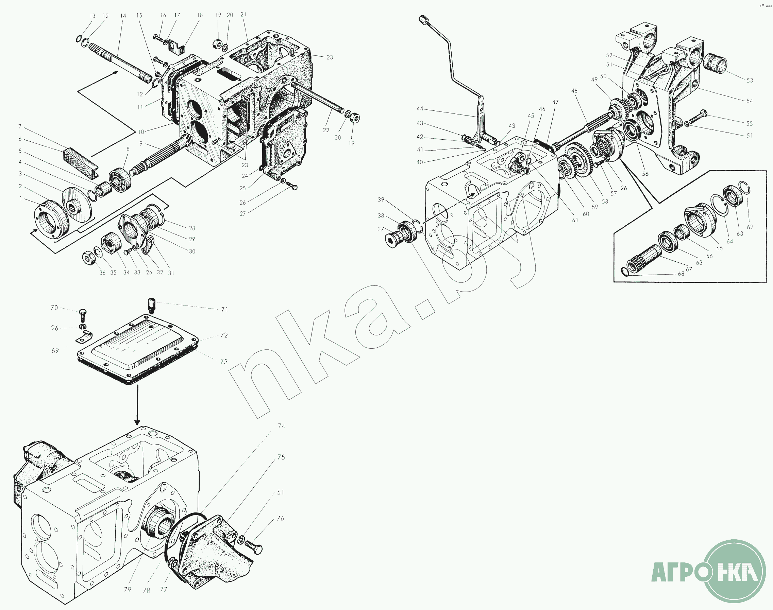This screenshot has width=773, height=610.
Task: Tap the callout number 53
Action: click(750, 80)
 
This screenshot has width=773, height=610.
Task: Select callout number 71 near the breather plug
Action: click(224, 310)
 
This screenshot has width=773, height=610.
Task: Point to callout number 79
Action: click(128, 590)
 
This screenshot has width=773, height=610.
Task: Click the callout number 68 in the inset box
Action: click(681, 274)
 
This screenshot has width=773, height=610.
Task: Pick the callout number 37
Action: click(381, 229)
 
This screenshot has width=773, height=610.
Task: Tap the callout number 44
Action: click(420, 108)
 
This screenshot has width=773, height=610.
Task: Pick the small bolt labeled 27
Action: click(292, 186)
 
